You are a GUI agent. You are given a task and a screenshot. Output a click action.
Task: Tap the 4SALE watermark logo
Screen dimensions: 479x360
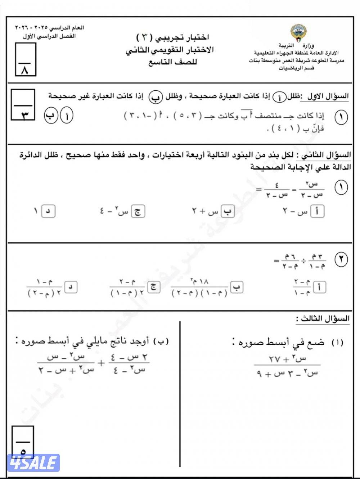pyautogui.click(x=33, y=463)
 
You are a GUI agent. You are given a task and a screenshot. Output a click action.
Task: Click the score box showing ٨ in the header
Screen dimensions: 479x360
pyautogui.click(x=26, y=59)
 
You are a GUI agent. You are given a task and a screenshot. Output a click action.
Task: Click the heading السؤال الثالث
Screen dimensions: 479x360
pyautogui.click(x=323, y=319)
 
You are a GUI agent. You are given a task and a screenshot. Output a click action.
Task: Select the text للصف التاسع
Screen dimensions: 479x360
pyautogui.click(x=173, y=62)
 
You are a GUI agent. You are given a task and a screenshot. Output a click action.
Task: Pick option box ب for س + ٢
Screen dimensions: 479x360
pyautogui.click(x=228, y=211)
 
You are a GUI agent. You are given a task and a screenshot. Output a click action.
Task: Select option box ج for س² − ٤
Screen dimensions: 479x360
pyautogui.click(x=138, y=211)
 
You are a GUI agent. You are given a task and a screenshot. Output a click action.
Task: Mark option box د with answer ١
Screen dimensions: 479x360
pyautogui.click(x=48, y=211)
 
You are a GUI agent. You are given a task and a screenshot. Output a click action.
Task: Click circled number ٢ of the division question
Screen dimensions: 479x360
pyautogui.click(x=341, y=260)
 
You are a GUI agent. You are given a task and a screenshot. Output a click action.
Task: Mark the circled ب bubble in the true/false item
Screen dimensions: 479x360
pyautogui.click(x=51, y=116)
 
